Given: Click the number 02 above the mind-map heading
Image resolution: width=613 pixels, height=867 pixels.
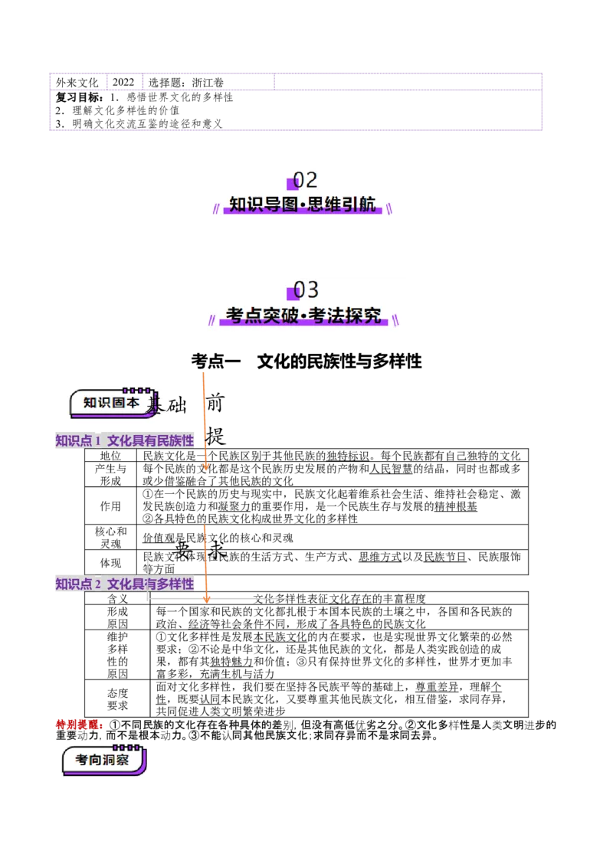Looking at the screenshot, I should pyautogui.click(x=306, y=180).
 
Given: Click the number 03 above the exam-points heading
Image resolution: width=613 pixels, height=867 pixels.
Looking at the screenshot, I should pyautogui.click(x=306, y=290).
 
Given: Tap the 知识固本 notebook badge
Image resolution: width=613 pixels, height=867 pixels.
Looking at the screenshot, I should pyautogui.click(x=111, y=403).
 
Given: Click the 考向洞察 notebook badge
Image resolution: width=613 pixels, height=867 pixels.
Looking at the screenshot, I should pyautogui.click(x=102, y=760).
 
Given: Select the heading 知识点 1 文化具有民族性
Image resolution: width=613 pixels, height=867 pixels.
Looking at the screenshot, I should pyautogui.click(x=124, y=440).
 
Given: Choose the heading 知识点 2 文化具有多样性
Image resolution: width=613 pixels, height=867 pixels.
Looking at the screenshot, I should pyautogui.click(x=124, y=584).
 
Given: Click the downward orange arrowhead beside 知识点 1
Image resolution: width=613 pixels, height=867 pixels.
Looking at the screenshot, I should pyautogui.click(x=205, y=466).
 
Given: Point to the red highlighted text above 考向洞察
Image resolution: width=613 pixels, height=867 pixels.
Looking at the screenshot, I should pyautogui.click(x=77, y=724).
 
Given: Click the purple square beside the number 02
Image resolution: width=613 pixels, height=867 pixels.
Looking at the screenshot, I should pyautogui.click(x=291, y=184).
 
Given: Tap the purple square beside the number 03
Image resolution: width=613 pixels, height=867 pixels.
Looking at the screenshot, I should pyautogui.click(x=291, y=294).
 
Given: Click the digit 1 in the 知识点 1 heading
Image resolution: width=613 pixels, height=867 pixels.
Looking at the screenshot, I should pyautogui.click(x=97, y=440).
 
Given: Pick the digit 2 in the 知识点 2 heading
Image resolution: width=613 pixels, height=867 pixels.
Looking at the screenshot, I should pyautogui.click(x=97, y=584).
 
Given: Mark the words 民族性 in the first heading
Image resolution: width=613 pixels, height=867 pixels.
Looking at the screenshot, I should pyautogui.click(x=175, y=440).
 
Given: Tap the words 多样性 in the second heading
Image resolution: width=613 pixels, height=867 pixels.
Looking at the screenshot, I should pyautogui.click(x=175, y=584).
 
